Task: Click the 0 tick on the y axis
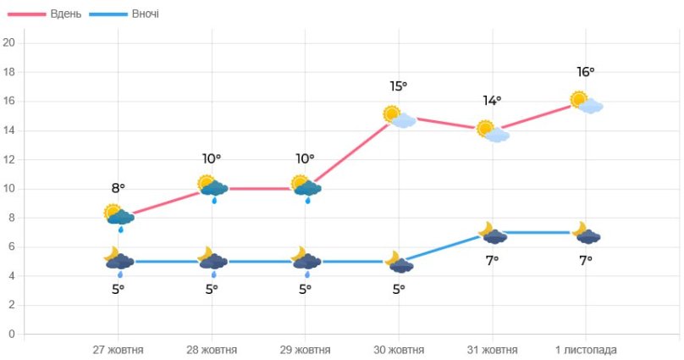tap(11, 334)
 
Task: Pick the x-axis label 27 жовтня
tap(118, 349)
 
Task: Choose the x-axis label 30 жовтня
tap(399, 349)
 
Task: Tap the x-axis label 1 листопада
tap(586, 349)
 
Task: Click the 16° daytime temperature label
tap(586, 73)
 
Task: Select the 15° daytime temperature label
tap(399, 86)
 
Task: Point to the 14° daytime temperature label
tap(492, 101)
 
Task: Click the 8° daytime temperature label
tap(119, 188)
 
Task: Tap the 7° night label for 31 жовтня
tap(492, 260)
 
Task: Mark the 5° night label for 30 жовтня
tap(399, 289)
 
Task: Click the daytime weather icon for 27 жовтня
tap(119, 216)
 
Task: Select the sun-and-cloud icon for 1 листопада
tap(586, 102)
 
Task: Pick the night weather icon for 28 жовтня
tap(212, 261)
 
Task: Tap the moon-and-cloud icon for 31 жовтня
tap(493, 233)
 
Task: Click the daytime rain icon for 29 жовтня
tap(306, 188)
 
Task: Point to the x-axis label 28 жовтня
tap(212, 349)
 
